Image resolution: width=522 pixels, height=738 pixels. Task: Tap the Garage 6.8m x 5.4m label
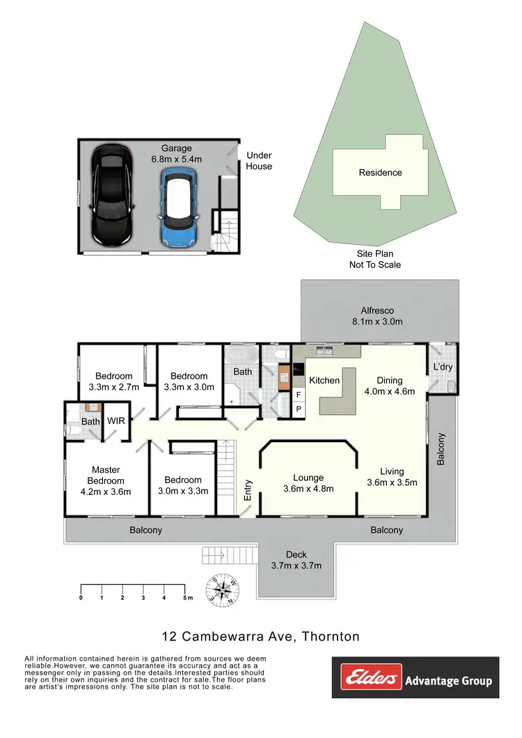click(x=177, y=154)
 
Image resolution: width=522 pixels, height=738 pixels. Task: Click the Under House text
click(x=259, y=161)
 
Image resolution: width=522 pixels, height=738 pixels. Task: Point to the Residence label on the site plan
click(x=380, y=173)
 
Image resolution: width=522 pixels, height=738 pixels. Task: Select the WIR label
click(x=115, y=421)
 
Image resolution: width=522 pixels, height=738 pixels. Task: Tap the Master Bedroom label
click(x=106, y=480)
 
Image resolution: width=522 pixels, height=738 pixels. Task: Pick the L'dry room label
click(x=443, y=367)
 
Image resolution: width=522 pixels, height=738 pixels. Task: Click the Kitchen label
click(x=324, y=380)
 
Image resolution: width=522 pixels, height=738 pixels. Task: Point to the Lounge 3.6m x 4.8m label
click(x=308, y=482)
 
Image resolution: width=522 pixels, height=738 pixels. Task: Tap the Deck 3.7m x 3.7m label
click(x=296, y=560)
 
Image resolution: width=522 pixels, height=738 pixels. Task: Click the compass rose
click(x=224, y=590)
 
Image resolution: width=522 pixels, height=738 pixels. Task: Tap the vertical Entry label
click(x=248, y=491)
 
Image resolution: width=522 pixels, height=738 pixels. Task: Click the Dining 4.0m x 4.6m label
click(x=395, y=386)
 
